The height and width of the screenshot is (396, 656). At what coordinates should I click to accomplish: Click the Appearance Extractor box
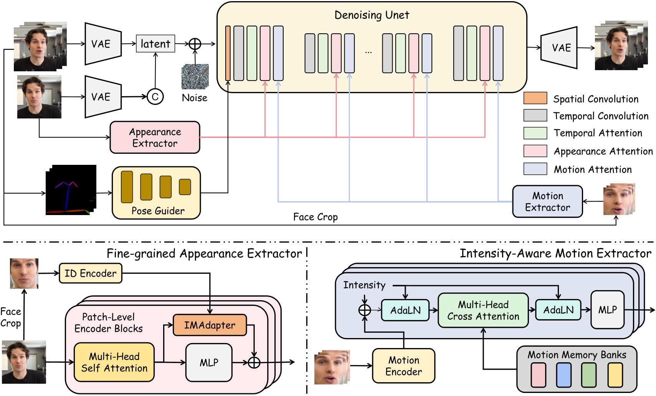point(155,138)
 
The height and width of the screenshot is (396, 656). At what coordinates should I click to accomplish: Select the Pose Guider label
point(158,211)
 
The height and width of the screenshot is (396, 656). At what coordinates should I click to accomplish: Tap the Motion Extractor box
point(547,202)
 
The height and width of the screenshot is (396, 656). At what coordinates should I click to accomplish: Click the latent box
point(155,44)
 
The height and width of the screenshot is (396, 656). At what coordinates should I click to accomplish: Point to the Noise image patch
point(195,77)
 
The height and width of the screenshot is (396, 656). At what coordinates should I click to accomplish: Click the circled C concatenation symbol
point(155,97)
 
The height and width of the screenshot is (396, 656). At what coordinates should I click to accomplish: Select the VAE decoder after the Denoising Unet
point(559,48)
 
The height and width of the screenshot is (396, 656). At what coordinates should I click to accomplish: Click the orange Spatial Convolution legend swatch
point(535,98)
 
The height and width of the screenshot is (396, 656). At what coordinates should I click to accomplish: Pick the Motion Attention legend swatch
point(535,169)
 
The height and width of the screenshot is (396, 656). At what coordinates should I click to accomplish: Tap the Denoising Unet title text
point(372,15)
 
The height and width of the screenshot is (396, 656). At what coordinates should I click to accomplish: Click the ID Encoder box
point(91,273)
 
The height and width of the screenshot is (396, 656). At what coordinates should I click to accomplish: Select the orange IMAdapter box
point(210,325)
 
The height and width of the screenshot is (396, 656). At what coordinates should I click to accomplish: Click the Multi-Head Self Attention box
point(114,362)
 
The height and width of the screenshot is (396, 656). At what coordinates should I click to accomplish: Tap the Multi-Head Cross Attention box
point(483,311)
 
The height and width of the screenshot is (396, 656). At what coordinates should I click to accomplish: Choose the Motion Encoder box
point(403,366)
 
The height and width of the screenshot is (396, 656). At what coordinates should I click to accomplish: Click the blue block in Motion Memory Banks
point(563,375)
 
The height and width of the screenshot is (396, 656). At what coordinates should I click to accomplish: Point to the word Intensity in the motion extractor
point(364,285)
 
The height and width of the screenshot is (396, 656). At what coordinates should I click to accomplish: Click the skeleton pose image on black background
point(71,190)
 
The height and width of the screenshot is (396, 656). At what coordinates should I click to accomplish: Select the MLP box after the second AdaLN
point(607,310)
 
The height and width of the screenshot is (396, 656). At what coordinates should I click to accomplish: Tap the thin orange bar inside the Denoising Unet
point(228,53)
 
